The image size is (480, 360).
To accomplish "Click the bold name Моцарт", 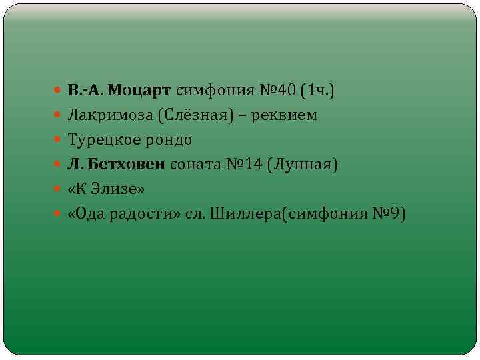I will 139,90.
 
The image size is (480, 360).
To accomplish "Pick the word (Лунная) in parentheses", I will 303,165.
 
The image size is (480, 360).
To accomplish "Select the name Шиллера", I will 236,214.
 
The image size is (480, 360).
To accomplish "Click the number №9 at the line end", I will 389,214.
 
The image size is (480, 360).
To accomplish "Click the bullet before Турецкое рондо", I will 60,141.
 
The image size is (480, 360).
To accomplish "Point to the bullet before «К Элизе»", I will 60,190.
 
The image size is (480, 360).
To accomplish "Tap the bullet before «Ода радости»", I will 60,215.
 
